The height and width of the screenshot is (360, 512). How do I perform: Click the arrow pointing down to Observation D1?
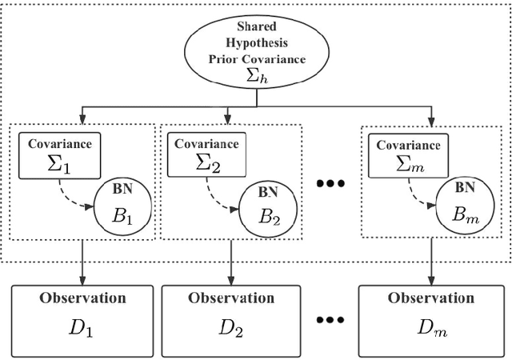tap(82, 260)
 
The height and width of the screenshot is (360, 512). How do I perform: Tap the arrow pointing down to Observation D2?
tap(232, 260)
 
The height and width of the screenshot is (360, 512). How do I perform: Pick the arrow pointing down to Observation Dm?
tap(431, 260)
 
